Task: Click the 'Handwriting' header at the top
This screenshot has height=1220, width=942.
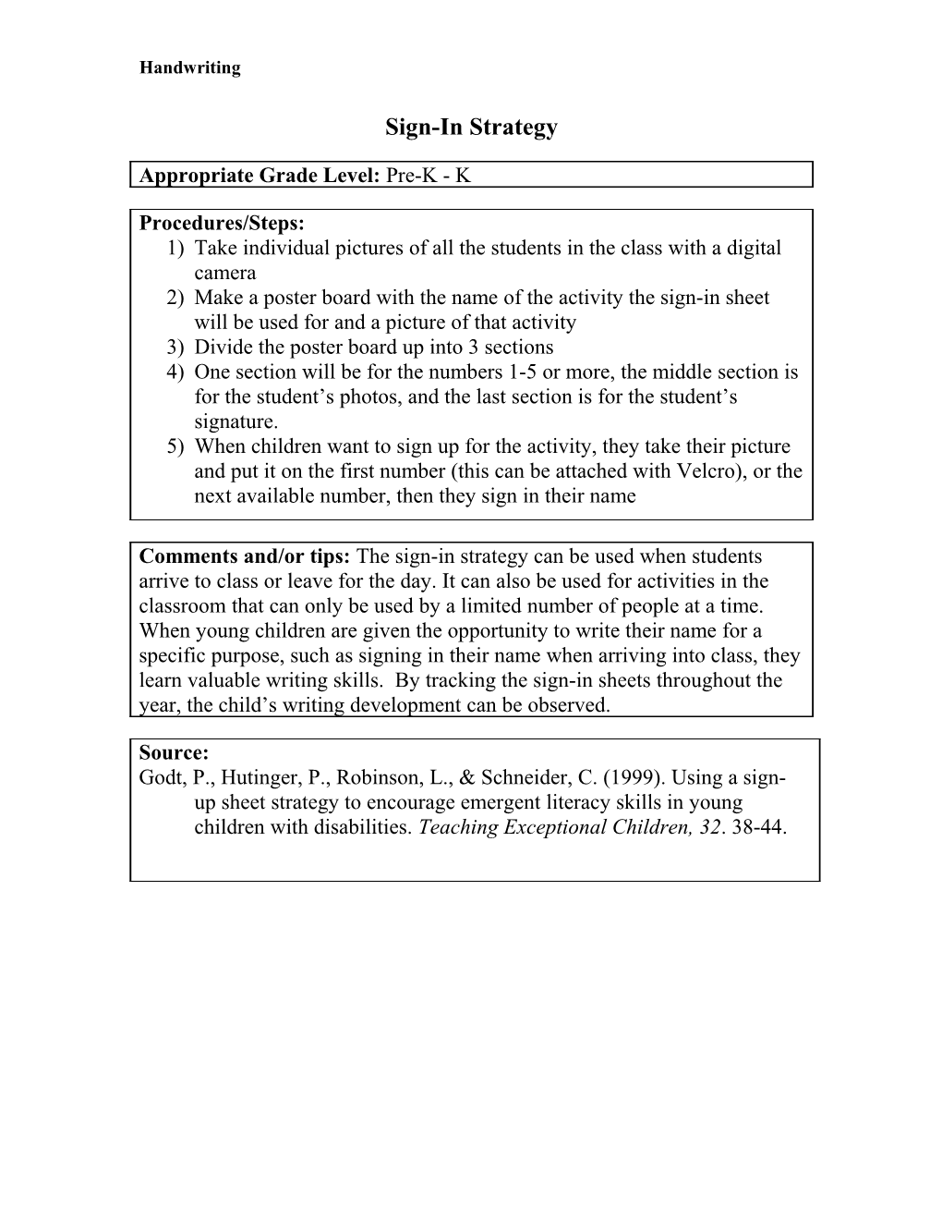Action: tap(189, 67)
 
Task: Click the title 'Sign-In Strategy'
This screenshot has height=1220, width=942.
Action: tap(471, 127)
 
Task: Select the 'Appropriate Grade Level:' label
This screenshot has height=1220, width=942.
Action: tap(260, 175)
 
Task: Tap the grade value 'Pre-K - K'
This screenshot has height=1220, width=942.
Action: tap(429, 175)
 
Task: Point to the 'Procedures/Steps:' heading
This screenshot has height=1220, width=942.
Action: tap(221, 223)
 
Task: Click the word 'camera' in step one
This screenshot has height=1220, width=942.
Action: tap(224, 273)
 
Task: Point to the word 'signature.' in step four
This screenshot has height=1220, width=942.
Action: tap(235, 421)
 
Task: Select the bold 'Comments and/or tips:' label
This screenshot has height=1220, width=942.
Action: tap(245, 556)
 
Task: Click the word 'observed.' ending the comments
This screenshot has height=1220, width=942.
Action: tap(570, 705)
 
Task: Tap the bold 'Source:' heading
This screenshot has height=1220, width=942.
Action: tap(174, 752)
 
